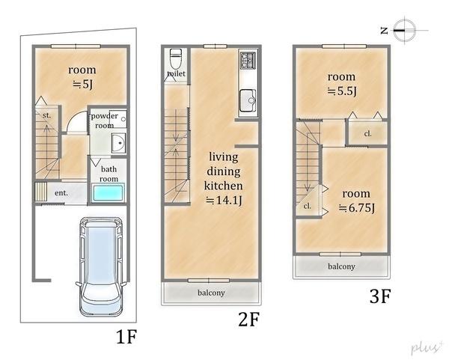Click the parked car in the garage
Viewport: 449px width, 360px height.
coord(101,267)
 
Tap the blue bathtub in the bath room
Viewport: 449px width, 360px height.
coord(108,193)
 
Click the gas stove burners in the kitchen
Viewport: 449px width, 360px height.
coord(248,60)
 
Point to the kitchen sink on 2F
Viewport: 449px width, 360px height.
coord(248,100)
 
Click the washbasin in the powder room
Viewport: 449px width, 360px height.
coord(118,143)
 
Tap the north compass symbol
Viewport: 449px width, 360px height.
coord(404,30)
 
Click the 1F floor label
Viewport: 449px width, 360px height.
coord(126,337)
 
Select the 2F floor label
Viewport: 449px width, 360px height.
coord(248,320)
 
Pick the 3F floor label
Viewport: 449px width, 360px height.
coord(380,296)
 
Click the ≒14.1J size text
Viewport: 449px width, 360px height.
coord(224,200)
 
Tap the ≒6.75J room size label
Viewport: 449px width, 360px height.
coord(357,207)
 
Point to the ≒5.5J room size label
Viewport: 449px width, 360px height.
coord(342,91)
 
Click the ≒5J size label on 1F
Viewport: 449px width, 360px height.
coord(82,85)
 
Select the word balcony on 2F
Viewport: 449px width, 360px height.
coord(211,293)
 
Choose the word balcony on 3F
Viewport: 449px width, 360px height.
coord(341,266)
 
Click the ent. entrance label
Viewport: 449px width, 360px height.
coord(61,193)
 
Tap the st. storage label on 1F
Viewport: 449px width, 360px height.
coord(46,115)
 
